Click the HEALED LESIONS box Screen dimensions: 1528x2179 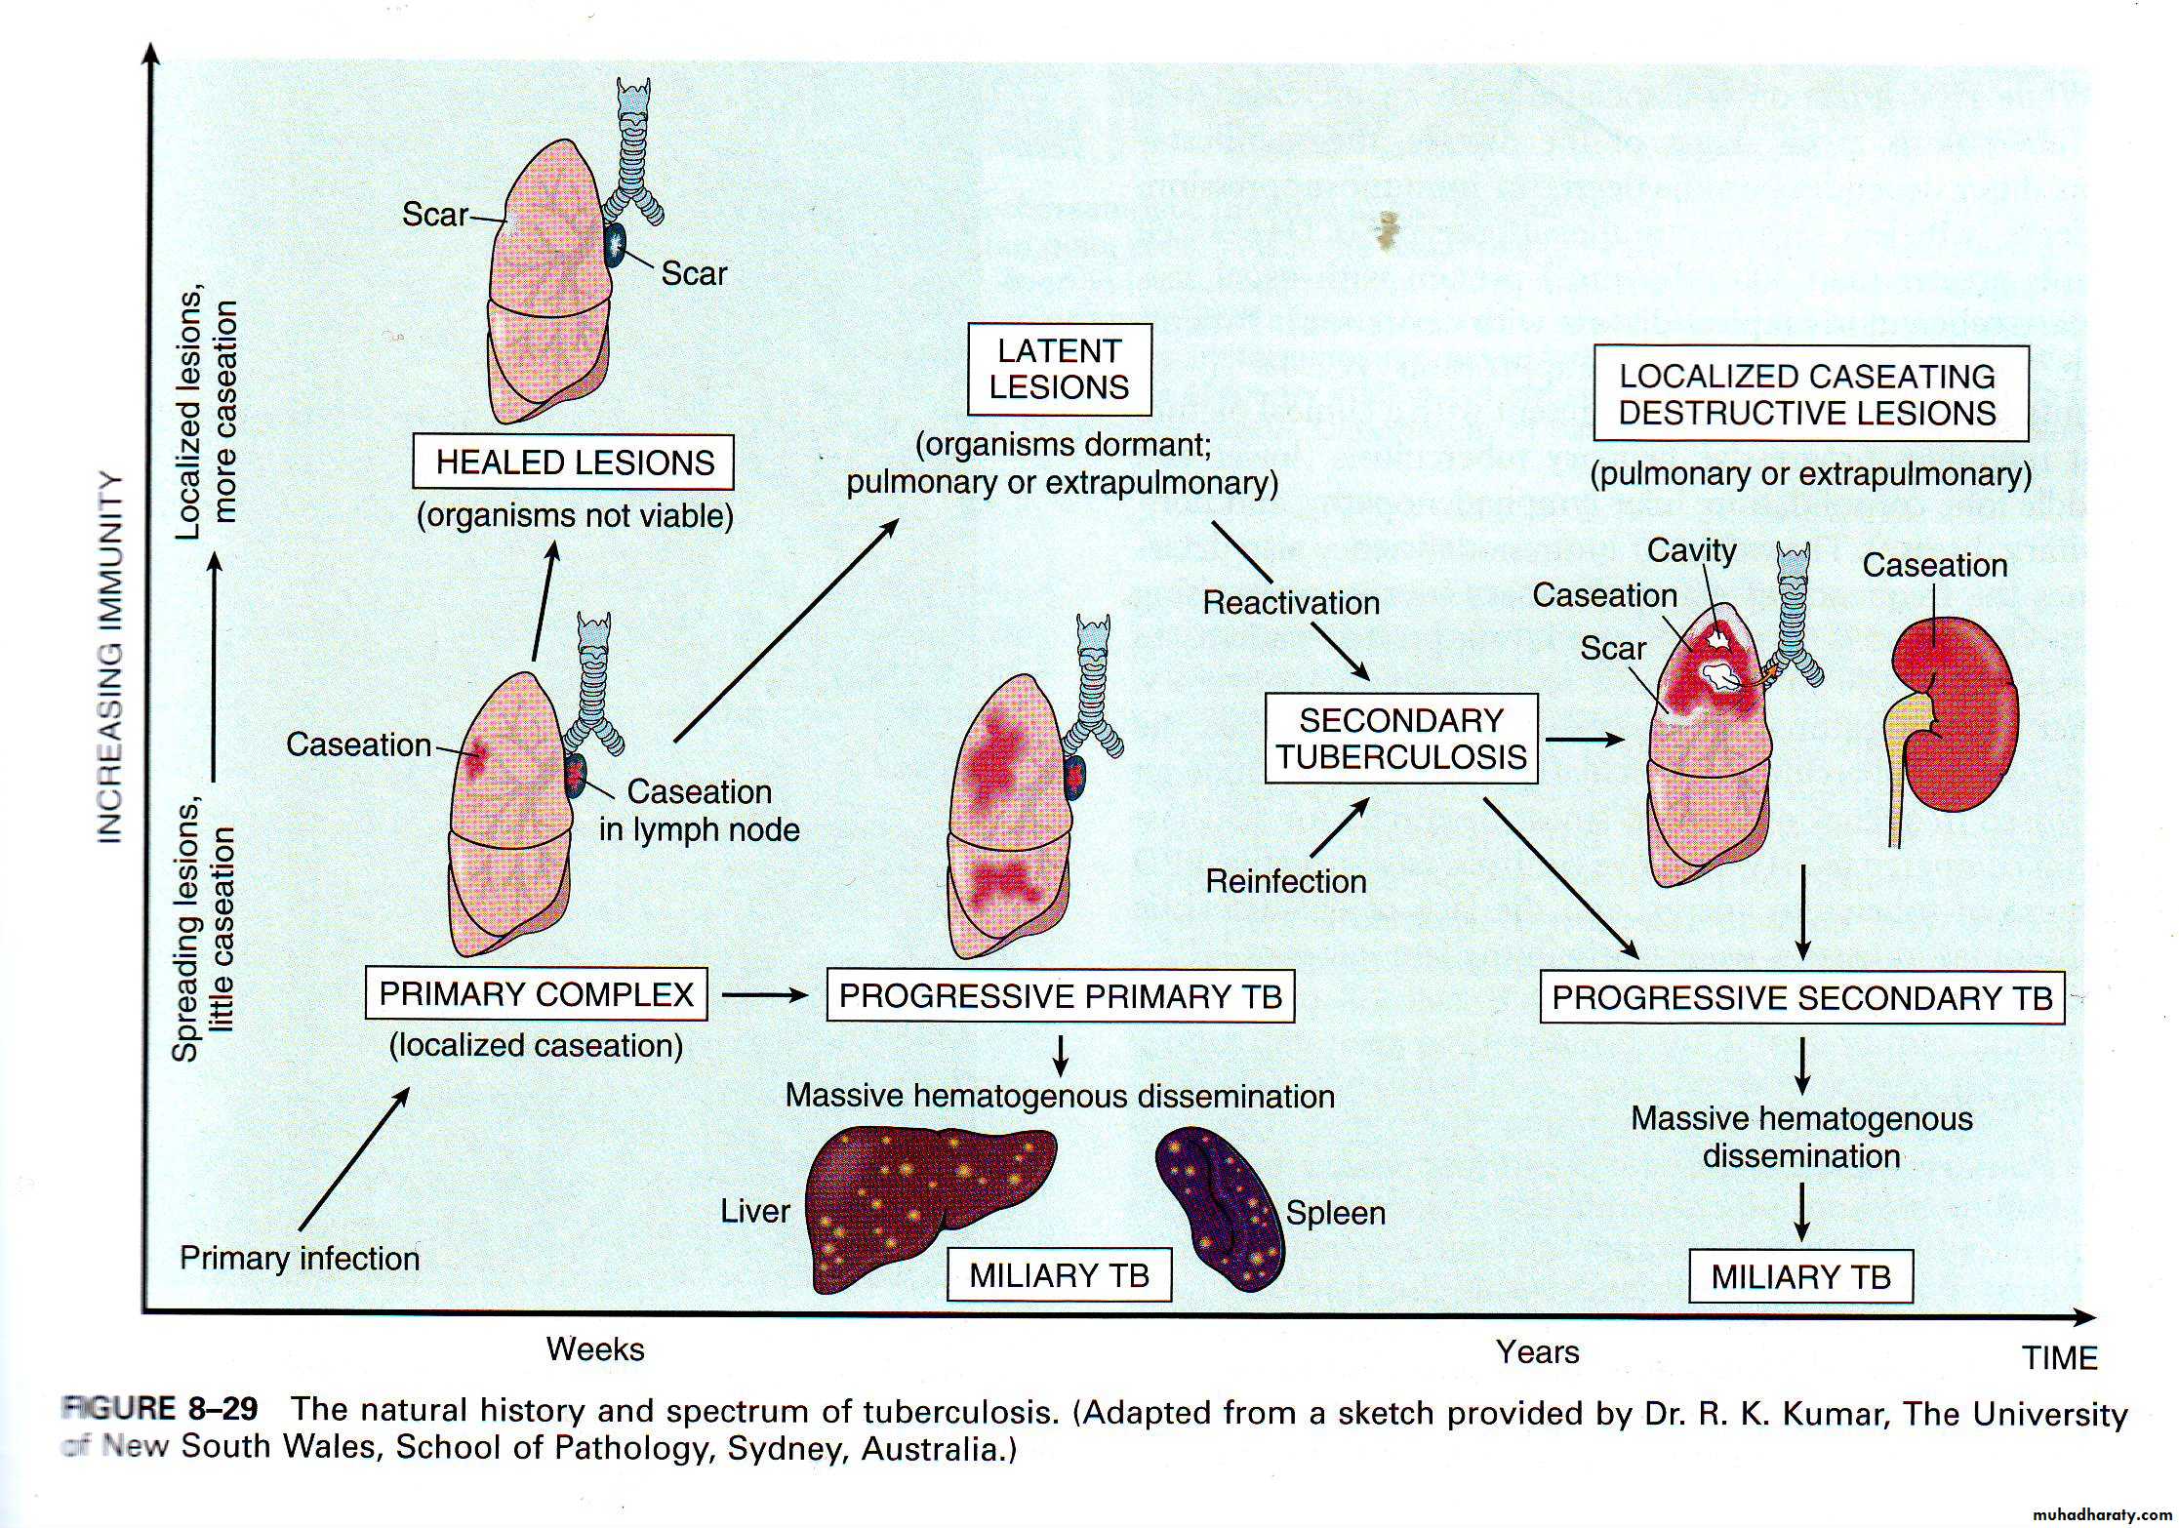point(574,462)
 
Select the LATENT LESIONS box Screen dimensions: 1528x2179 point(1059,370)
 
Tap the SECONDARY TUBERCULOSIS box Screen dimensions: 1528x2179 point(1401,739)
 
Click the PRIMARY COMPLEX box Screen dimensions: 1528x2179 point(537,994)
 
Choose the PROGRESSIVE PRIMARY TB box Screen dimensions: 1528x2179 point(1060,996)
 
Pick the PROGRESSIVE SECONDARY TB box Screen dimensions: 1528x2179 point(1801,998)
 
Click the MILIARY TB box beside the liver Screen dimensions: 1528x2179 point(1059,1275)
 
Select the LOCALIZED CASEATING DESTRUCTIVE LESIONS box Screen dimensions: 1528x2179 point(1810,394)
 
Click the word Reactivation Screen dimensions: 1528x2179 point(1291,603)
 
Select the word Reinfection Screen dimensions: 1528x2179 point(1286,882)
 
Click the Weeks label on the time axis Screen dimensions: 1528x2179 point(595,1349)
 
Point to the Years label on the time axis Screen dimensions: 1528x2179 point(1537,1352)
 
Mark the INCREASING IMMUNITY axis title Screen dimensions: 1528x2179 point(111,659)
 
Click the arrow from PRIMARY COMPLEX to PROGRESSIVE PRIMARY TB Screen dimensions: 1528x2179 point(766,995)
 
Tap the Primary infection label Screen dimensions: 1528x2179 point(300,1259)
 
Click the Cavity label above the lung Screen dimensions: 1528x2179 point(1691,551)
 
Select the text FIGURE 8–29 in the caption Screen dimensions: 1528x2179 point(161,1410)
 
